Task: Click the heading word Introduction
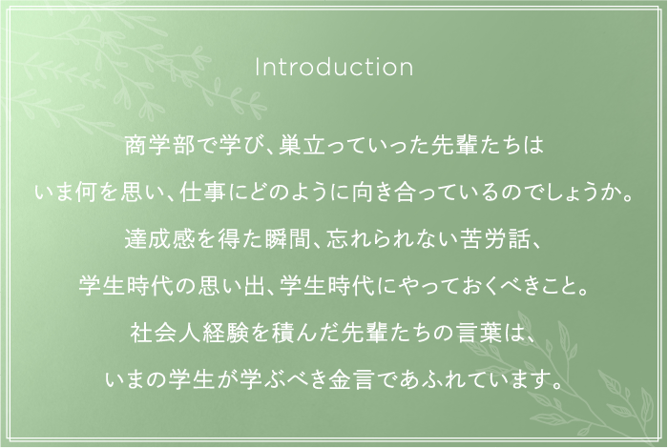point(334,68)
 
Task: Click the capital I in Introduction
point(258,68)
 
